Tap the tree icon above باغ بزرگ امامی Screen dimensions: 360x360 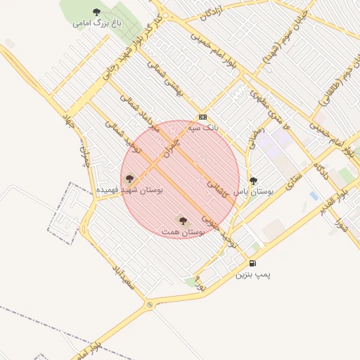97,12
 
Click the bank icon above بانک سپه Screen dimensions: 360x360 202,117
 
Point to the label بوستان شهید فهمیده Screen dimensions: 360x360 129,191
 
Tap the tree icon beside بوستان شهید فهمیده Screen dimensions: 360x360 129,179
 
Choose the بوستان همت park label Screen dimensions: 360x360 182,231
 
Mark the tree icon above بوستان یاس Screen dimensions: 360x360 253,181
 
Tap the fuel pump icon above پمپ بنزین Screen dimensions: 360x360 252,263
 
